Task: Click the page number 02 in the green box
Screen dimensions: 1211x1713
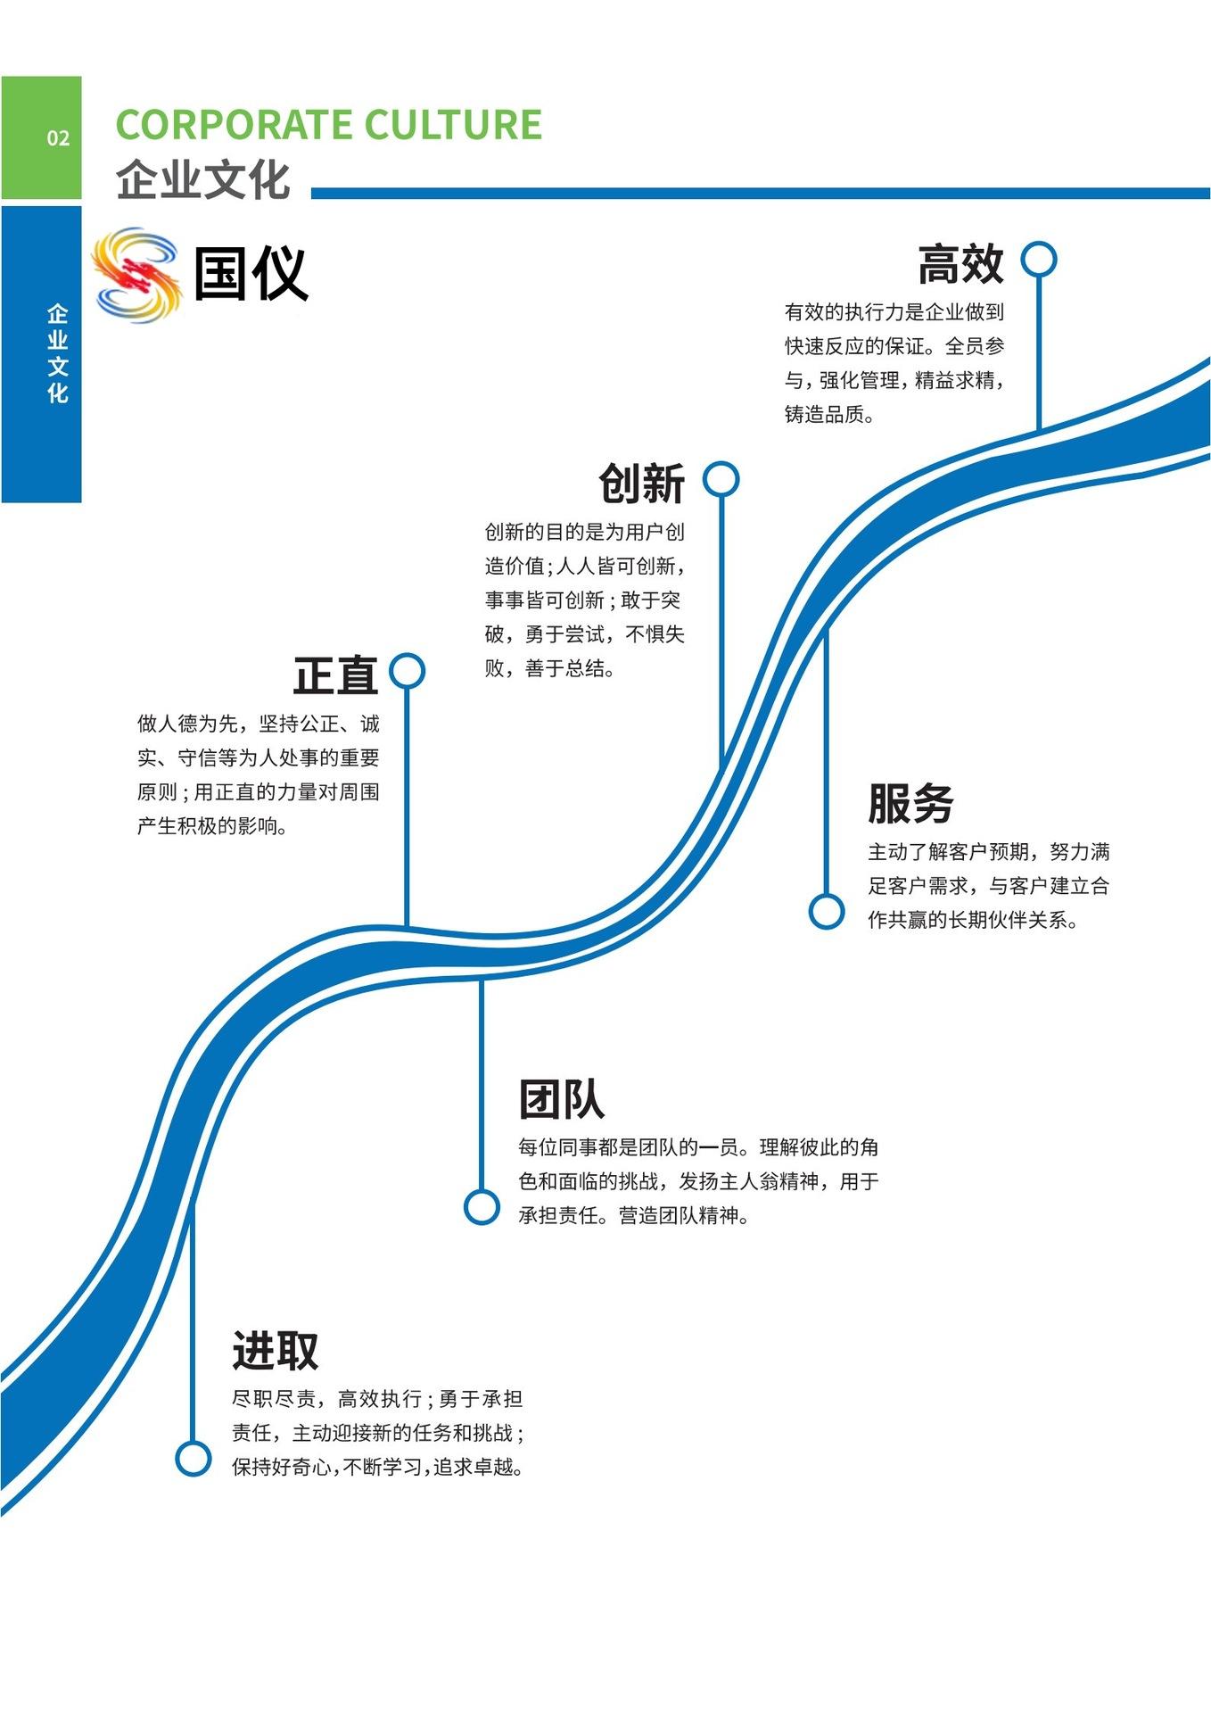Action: [58, 138]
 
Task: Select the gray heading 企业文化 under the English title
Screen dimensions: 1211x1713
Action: [203, 179]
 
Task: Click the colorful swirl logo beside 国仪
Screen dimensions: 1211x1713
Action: [136, 275]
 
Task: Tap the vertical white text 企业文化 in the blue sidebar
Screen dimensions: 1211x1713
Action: [58, 353]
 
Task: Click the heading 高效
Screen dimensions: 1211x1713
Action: [960, 264]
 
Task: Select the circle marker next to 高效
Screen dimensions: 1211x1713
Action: [1039, 260]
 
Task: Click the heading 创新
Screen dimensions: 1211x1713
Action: [641, 484]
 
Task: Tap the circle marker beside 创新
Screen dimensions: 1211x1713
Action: [721, 479]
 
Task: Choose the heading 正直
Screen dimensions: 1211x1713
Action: [335, 675]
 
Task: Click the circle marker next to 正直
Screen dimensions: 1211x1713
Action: [408, 671]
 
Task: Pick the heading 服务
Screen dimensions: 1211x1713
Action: [910, 803]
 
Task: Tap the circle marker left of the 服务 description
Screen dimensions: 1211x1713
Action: [827, 911]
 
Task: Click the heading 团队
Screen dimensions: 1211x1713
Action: [561, 1099]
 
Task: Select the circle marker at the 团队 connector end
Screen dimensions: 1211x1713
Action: [482, 1207]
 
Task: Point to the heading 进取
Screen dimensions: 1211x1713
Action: [275, 1350]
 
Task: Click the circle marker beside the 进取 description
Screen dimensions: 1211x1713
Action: [193, 1459]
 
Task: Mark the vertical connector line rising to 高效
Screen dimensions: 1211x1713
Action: [1039, 357]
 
